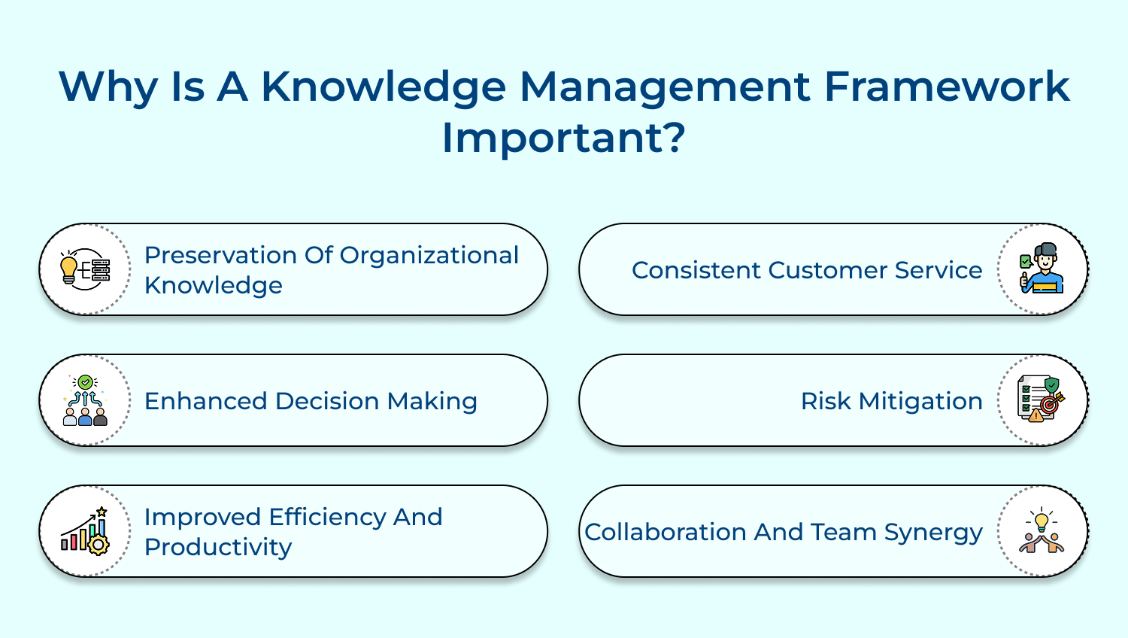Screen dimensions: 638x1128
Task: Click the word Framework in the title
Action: point(946,87)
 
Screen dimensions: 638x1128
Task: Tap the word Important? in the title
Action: point(563,138)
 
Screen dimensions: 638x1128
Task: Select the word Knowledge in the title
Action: point(384,87)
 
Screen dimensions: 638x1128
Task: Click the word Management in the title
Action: point(665,87)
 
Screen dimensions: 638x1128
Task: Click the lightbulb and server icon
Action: point(85,269)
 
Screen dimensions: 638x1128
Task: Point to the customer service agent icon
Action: point(1042,269)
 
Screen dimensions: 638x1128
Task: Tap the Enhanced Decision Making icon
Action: point(85,400)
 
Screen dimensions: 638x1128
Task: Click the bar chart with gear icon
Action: point(85,531)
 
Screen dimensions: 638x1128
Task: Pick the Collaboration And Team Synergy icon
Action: point(1042,531)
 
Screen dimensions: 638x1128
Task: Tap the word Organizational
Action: point(429,255)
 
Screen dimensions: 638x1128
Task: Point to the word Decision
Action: point(327,401)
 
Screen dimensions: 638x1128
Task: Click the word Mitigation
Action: point(920,401)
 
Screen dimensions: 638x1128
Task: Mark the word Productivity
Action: point(218,547)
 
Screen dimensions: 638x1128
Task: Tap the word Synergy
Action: point(933,533)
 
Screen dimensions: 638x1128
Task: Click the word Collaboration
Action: point(666,532)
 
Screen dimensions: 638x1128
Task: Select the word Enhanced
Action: point(206,401)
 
